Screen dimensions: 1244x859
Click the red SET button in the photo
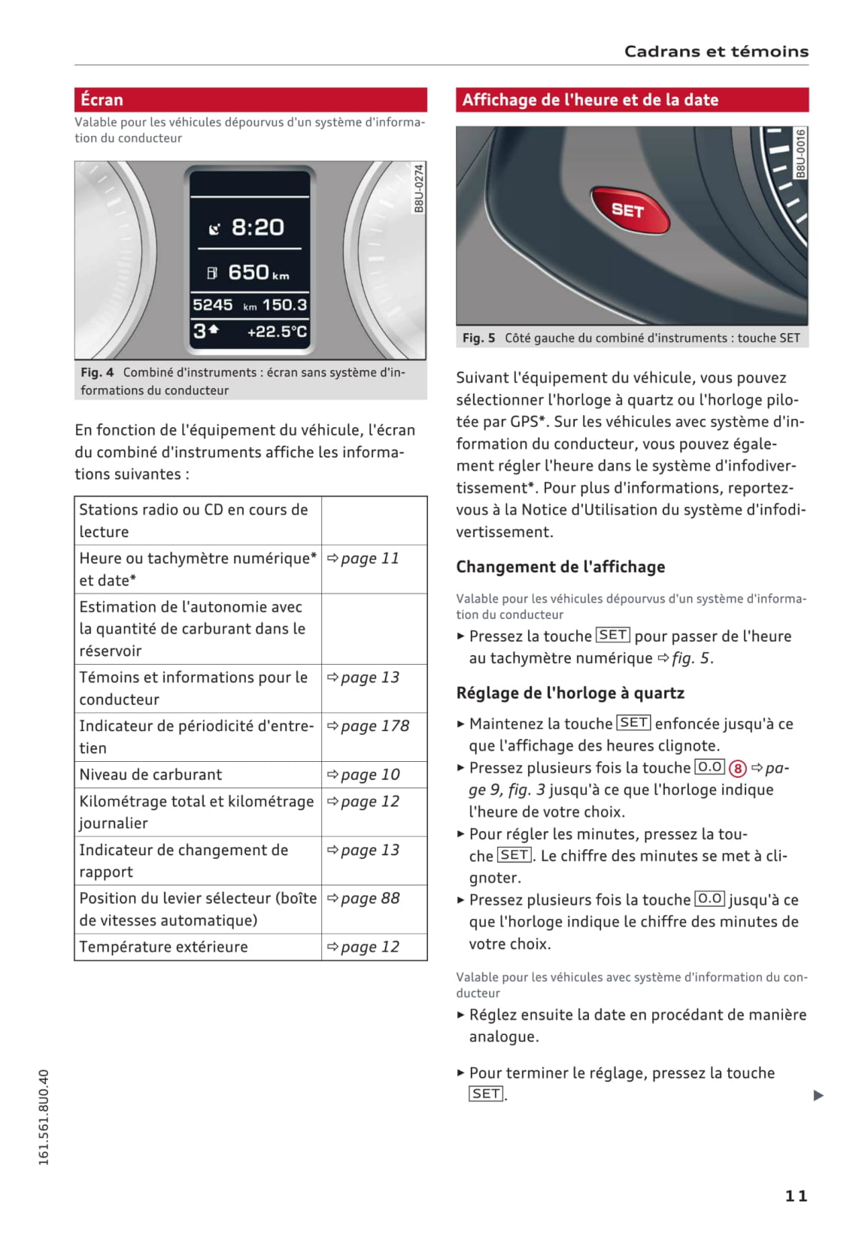tap(629, 210)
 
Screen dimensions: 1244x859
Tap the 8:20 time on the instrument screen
tap(257, 227)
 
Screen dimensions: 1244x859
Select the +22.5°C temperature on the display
tap(277, 332)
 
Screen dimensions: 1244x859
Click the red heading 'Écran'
tap(102, 100)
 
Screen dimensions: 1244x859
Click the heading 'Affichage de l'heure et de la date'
tap(590, 100)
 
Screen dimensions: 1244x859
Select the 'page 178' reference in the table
tap(375, 726)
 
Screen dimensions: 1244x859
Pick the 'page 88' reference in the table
tap(370, 898)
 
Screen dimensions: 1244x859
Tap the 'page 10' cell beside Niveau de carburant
tap(370, 775)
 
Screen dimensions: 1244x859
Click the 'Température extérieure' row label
tap(164, 947)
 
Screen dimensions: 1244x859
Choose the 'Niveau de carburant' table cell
tap(151, 775)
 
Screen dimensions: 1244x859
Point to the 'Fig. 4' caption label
tap(98, 372)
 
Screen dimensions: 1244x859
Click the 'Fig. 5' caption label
tap(478, 338)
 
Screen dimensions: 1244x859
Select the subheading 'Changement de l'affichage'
tap(560, 567)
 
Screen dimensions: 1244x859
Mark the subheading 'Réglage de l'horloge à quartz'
tap(570, 693)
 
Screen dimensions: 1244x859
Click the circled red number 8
tap(738, 769)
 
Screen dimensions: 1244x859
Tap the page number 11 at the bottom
tap(796, 1196)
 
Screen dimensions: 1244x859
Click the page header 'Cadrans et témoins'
tap(716, 52)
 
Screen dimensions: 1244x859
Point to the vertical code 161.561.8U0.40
tap(44, 1117)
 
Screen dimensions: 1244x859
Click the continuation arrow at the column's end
tap(818, 1095)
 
